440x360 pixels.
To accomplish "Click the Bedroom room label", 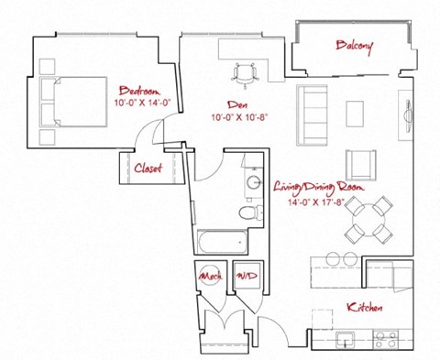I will [x=140, y=91].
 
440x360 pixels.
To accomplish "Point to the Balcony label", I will [x=353, y=46].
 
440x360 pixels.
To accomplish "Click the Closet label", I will [x=148, y=168].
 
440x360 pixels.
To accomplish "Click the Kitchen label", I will [x=364, y=307].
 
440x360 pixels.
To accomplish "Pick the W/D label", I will [x=245, y=275].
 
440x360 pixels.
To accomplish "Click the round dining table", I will [x=370, y=218].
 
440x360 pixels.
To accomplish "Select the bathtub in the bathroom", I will [x=220, y=243].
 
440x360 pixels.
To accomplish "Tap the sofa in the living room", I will [x=312, y=110].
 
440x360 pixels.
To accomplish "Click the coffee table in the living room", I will [x=356, y=111].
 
